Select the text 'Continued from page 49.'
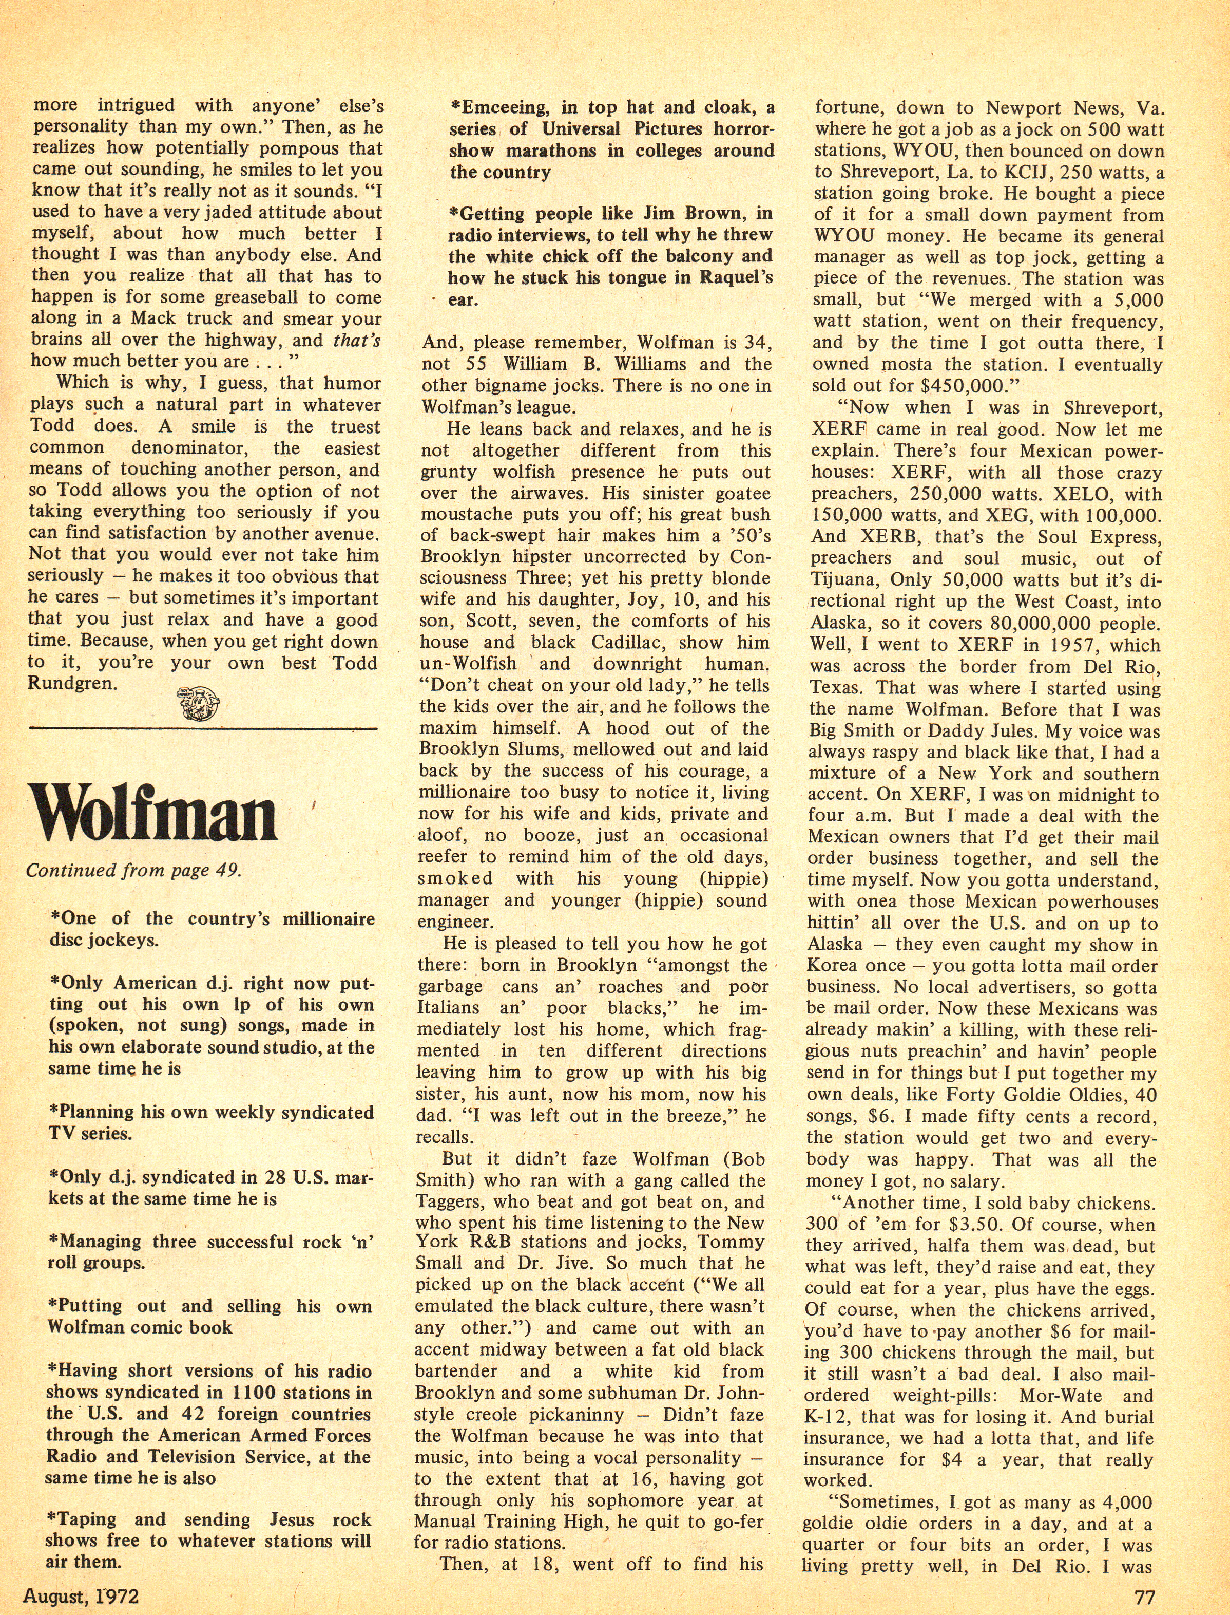pos(133,871)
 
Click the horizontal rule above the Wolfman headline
pos(203,728)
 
